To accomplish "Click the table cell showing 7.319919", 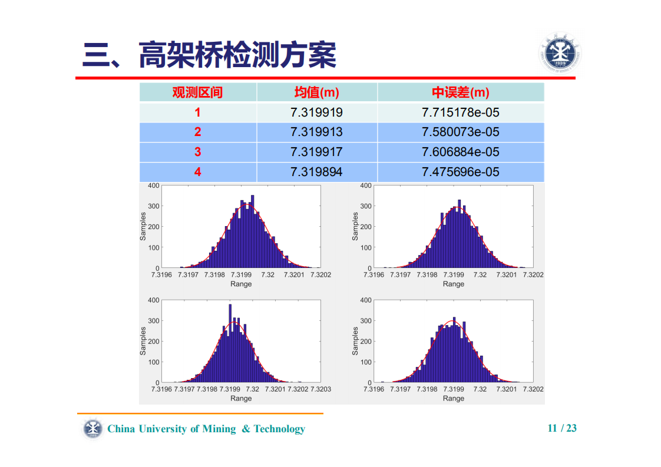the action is (316, 112).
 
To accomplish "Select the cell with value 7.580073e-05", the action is (460, 132).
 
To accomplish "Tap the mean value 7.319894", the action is (316, 172).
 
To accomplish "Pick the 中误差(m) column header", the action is (460, 92).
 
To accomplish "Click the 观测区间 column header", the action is (197, 92).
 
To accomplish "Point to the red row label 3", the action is (197, 152).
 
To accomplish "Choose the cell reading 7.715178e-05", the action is (460, 112).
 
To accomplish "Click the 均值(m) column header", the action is (316, 92).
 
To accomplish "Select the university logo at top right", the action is (560, 53).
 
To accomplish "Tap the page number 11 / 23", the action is (562, 428).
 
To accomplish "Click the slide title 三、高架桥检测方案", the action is (210, 55).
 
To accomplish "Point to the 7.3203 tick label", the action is (321, 389).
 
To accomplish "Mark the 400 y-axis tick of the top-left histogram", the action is (153, 186).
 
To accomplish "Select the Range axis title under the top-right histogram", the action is (453, 284).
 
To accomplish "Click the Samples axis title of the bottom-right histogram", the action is (355, 341).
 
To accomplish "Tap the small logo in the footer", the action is (92, 429).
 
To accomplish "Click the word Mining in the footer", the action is (219, 429).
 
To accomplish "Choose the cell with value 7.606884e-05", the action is (460, 152).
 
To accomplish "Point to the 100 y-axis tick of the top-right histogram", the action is (365, 247).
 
